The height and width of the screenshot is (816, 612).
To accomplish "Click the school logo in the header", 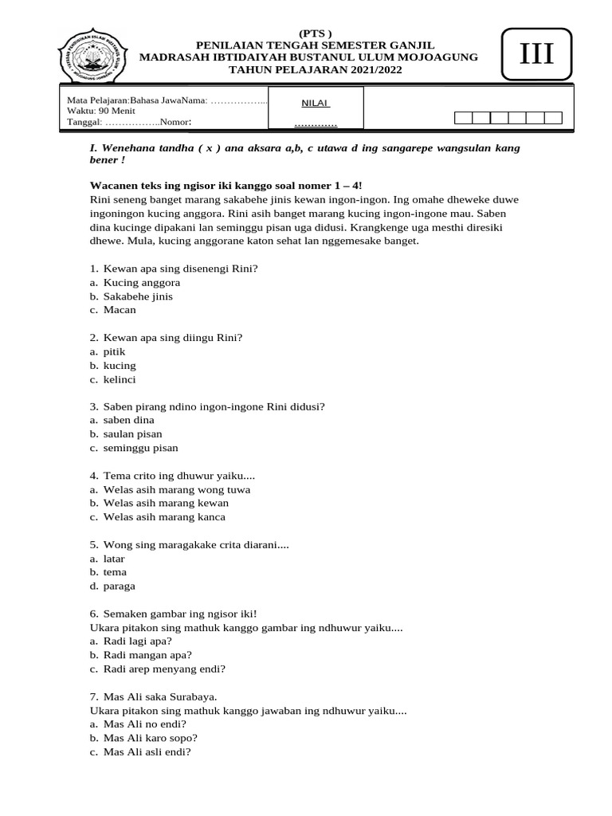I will pos(93,55).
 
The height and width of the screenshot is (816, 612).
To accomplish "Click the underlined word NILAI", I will pos(316,103).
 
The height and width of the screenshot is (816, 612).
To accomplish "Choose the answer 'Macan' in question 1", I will pos(120,309).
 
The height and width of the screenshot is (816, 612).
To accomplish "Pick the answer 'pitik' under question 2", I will pos(114,351).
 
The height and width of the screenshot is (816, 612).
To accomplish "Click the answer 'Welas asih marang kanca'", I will pos(164,516).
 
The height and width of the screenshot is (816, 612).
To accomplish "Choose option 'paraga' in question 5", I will pos(119,586).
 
